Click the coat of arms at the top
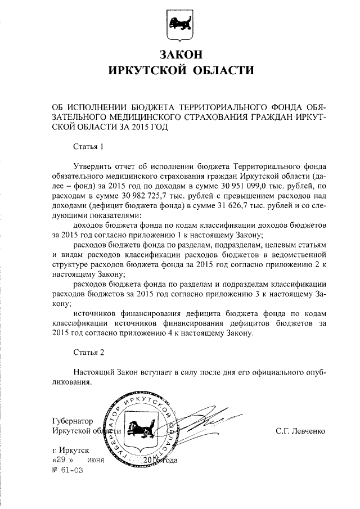(x=180, y=25)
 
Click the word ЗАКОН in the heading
(x=180, y=55)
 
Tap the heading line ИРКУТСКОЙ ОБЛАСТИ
(x=180, y=71)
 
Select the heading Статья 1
(x=89, y=147)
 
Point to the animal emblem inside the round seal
(x=139, y=431)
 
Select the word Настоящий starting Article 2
(x=95, y=372)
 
